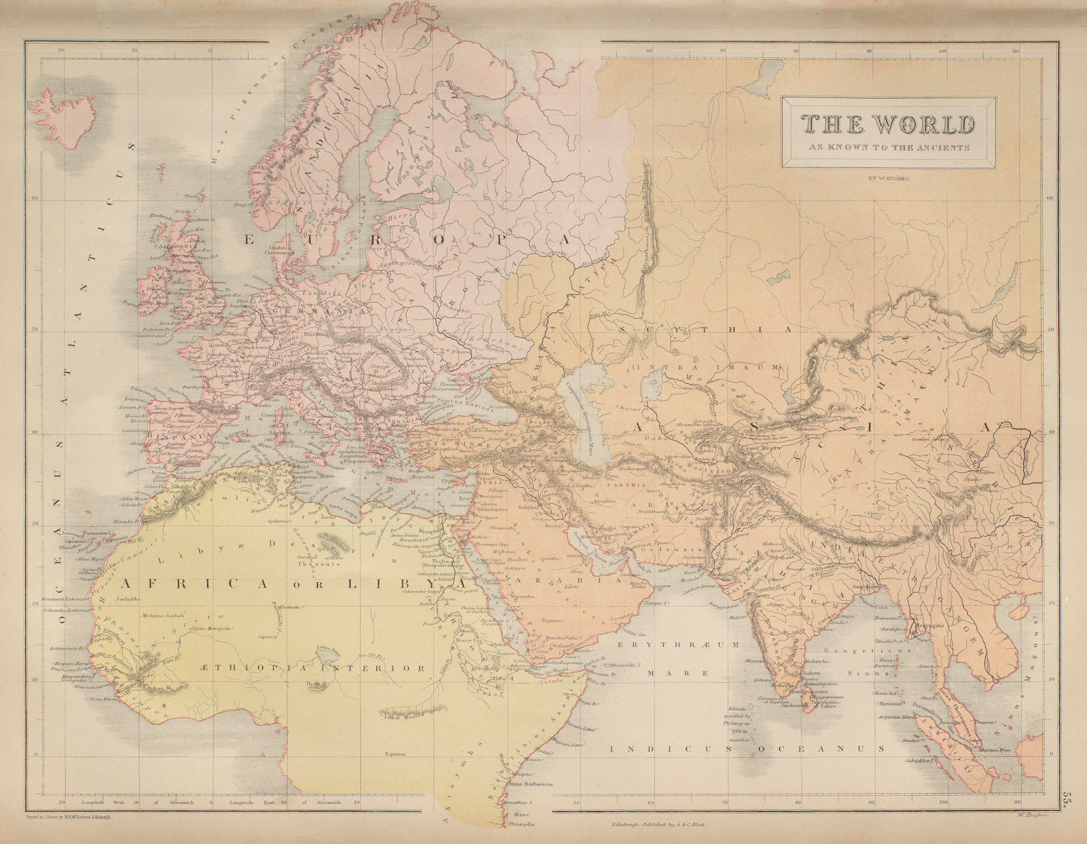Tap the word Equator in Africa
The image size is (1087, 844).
[x=393, y=754]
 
